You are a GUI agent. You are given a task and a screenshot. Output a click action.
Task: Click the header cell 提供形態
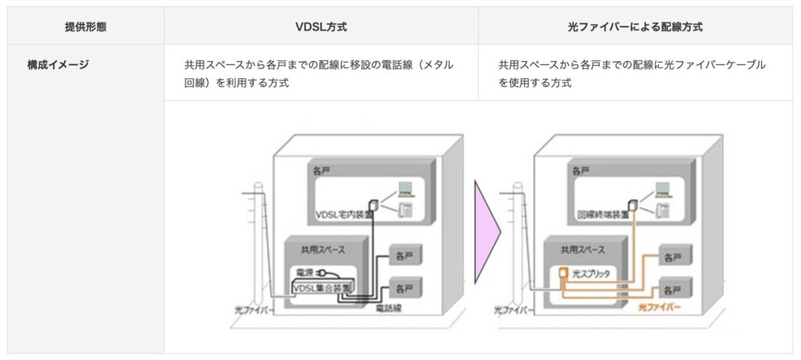click(86, 27)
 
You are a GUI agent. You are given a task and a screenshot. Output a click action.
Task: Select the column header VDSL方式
click(321, 27)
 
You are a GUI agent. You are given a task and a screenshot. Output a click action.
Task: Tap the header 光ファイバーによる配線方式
click(635, 27)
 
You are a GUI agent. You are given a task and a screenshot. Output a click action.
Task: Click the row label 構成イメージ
click(59, 65)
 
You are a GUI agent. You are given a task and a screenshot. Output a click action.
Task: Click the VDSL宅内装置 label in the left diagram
click(342, 214)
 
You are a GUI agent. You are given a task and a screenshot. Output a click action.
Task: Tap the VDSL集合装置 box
click(321, 288)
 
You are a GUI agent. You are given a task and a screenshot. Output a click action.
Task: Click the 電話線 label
click(390, 310)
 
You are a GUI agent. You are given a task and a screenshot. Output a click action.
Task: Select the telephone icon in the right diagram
click(663, 209)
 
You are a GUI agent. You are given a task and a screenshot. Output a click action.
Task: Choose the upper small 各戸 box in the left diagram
click(404, 255)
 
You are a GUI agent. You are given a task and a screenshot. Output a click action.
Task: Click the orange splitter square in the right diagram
click(563, 274)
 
